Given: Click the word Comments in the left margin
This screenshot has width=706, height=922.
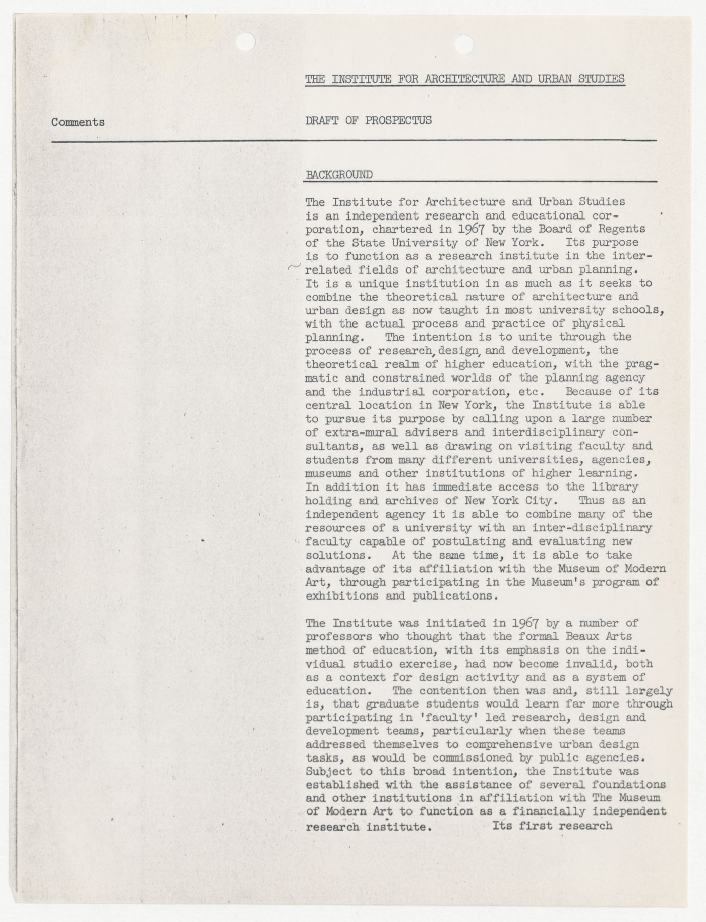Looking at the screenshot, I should click(x=78, y=122).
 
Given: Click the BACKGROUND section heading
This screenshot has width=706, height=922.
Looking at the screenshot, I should click(x=339, y=175).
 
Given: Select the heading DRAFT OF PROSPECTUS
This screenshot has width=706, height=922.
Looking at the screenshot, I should click(x=369, y=120).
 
